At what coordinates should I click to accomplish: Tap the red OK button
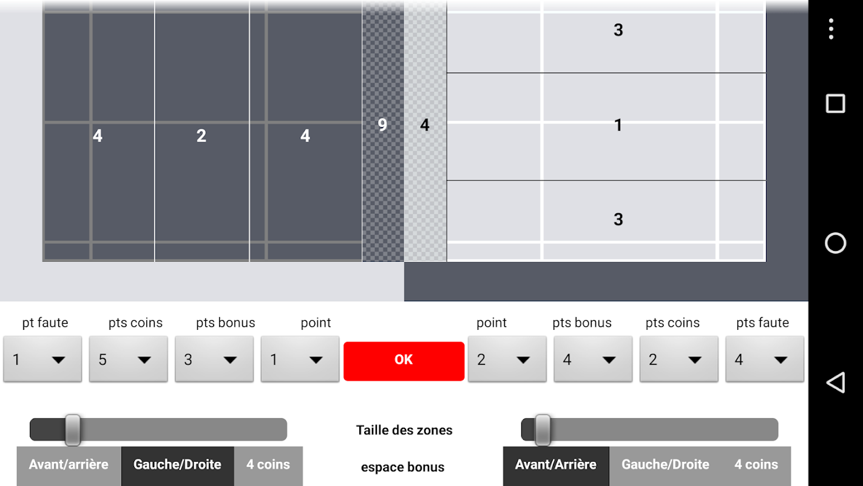pos(404,361)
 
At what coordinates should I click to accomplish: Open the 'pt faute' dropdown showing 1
pos(42,359)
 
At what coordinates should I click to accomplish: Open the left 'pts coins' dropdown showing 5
pos(128,359)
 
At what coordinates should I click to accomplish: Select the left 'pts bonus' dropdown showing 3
pos(214,359)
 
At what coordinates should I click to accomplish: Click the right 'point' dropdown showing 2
pos(507,359)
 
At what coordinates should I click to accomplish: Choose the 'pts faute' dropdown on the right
pos(765,359)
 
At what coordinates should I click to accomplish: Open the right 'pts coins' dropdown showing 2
pos(679,359)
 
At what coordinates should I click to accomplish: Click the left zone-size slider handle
pos(72,430)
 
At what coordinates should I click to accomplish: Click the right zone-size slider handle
pos(543,430)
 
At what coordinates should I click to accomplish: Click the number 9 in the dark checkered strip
pos(382,125)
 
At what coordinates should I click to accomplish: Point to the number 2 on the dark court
pos(201,135)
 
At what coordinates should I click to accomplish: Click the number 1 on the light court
pos(618,125)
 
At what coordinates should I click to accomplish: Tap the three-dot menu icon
pos(831,29)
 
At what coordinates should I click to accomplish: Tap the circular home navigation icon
pos(835,243)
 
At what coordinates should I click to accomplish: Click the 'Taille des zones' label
pos(404,430)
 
